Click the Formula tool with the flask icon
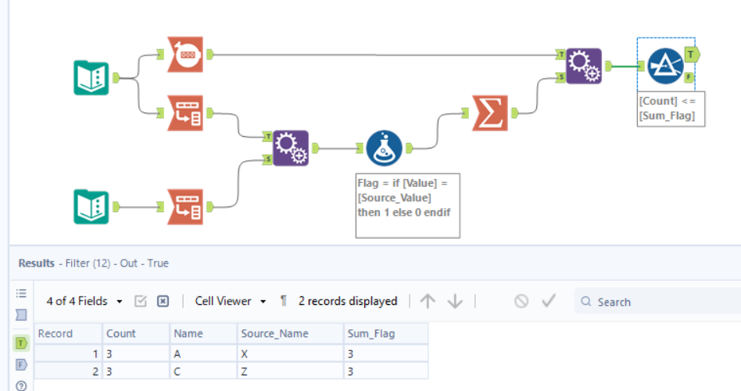click(384, 148)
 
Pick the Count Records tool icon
click(185, 55)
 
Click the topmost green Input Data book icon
click(91, 77)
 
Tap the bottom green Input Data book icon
click(91, 206)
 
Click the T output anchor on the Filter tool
click(691, 53)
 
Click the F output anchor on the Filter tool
click(689, 77)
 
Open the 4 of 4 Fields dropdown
click(84, 301)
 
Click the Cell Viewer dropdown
click(231, 301)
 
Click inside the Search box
click(664, 302)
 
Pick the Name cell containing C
click(204, 371)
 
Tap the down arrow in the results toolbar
click(455, 301)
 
